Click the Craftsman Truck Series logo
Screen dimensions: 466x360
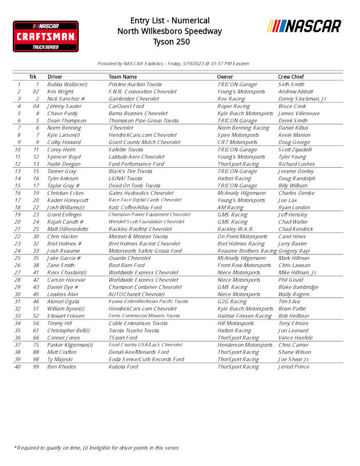tap(46, 36)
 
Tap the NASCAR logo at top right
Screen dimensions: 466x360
tap(304, 26)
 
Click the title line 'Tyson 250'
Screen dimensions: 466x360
tap(170, 42)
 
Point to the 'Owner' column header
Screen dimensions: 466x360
tap(225, 77)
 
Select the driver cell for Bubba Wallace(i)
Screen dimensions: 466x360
tap(67, 84)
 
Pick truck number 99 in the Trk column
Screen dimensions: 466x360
tap(37, 367)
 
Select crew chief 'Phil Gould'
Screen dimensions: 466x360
tap(292, 280)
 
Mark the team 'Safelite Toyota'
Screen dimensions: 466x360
tap(126, 149)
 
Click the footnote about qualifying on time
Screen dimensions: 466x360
tap(96, 448)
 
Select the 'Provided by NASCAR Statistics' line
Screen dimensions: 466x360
tap(173, 64)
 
